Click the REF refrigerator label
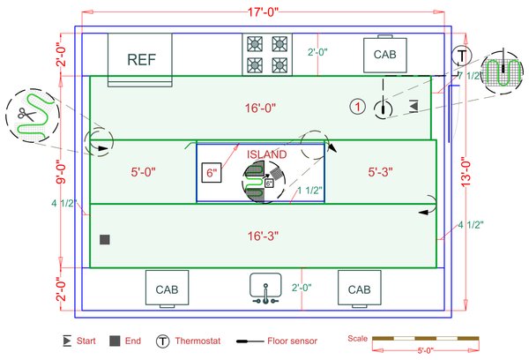141,60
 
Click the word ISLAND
266,154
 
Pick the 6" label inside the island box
212,174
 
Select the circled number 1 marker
357,107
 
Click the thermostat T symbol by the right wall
463,55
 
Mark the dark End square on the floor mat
104,240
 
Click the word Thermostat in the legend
205,340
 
